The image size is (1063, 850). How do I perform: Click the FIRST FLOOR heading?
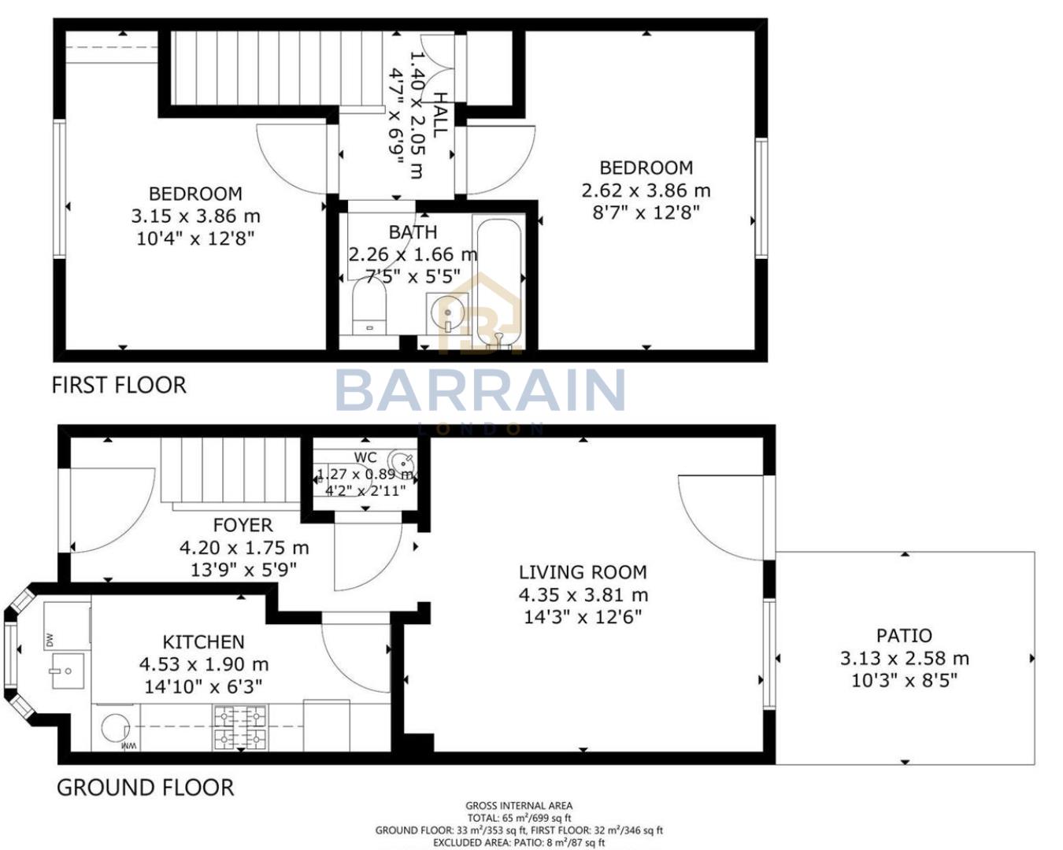pos(119,385)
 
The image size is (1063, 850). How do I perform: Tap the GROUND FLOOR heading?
pos(145,787)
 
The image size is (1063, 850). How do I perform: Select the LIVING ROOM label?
pos(582,572)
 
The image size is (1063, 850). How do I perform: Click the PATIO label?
pos(904,635)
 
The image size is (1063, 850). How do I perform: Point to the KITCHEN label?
pos(203,641)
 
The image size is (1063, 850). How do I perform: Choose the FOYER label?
pos(243,525)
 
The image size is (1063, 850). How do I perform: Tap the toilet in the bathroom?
pos(369,309)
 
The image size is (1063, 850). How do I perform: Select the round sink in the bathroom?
pos(447,315)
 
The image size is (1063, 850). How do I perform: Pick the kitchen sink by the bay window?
pos(68,670)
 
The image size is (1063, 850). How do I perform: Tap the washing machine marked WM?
pos(117,730)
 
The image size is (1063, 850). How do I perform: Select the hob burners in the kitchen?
pos(240,727)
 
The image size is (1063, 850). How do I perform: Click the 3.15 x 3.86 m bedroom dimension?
pos(195,216)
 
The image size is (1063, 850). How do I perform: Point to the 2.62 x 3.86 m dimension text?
pos(646,190)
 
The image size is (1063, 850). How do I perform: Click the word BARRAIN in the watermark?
pos(480,390)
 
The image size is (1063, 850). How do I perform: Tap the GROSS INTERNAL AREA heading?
pos(519,805)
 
